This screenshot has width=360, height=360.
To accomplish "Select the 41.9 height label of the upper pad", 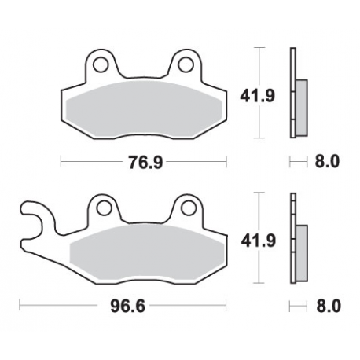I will tap(239, 97).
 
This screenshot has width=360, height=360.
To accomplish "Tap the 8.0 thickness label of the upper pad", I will tap(327, 163).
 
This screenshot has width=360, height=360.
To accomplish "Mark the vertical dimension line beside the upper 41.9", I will tap(260, 94).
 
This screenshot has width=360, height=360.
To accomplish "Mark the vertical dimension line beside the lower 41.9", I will tap(260, 240).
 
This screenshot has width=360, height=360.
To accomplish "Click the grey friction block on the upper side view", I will tap(299, 106).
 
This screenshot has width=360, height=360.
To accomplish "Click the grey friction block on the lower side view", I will tap(300, 252).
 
